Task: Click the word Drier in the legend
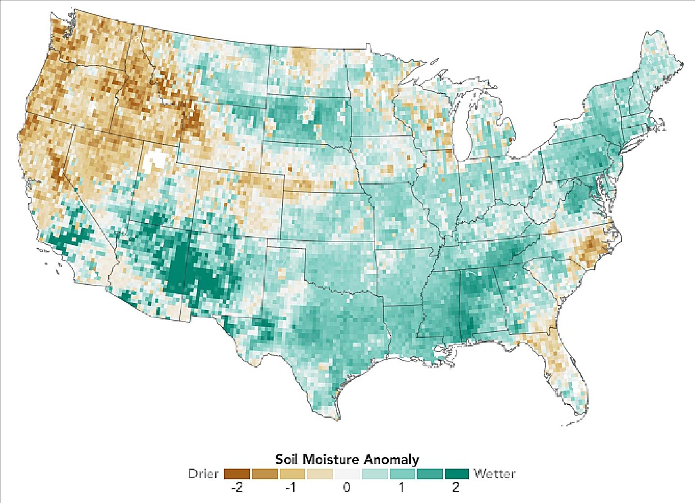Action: (204, 474)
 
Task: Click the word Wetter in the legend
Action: (495, 474)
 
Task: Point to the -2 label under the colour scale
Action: (237, 488)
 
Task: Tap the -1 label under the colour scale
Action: (292, 488)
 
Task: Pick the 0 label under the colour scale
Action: (347, 488)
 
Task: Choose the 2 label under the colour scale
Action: (456, 488)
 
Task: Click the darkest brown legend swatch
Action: (237, 474)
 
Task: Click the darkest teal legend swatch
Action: (456, 474)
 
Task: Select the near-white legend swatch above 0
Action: (347, 474)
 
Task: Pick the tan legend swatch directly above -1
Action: (292, 474)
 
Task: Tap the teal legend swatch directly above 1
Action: (402, 474)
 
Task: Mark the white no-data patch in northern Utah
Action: (155, 161)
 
